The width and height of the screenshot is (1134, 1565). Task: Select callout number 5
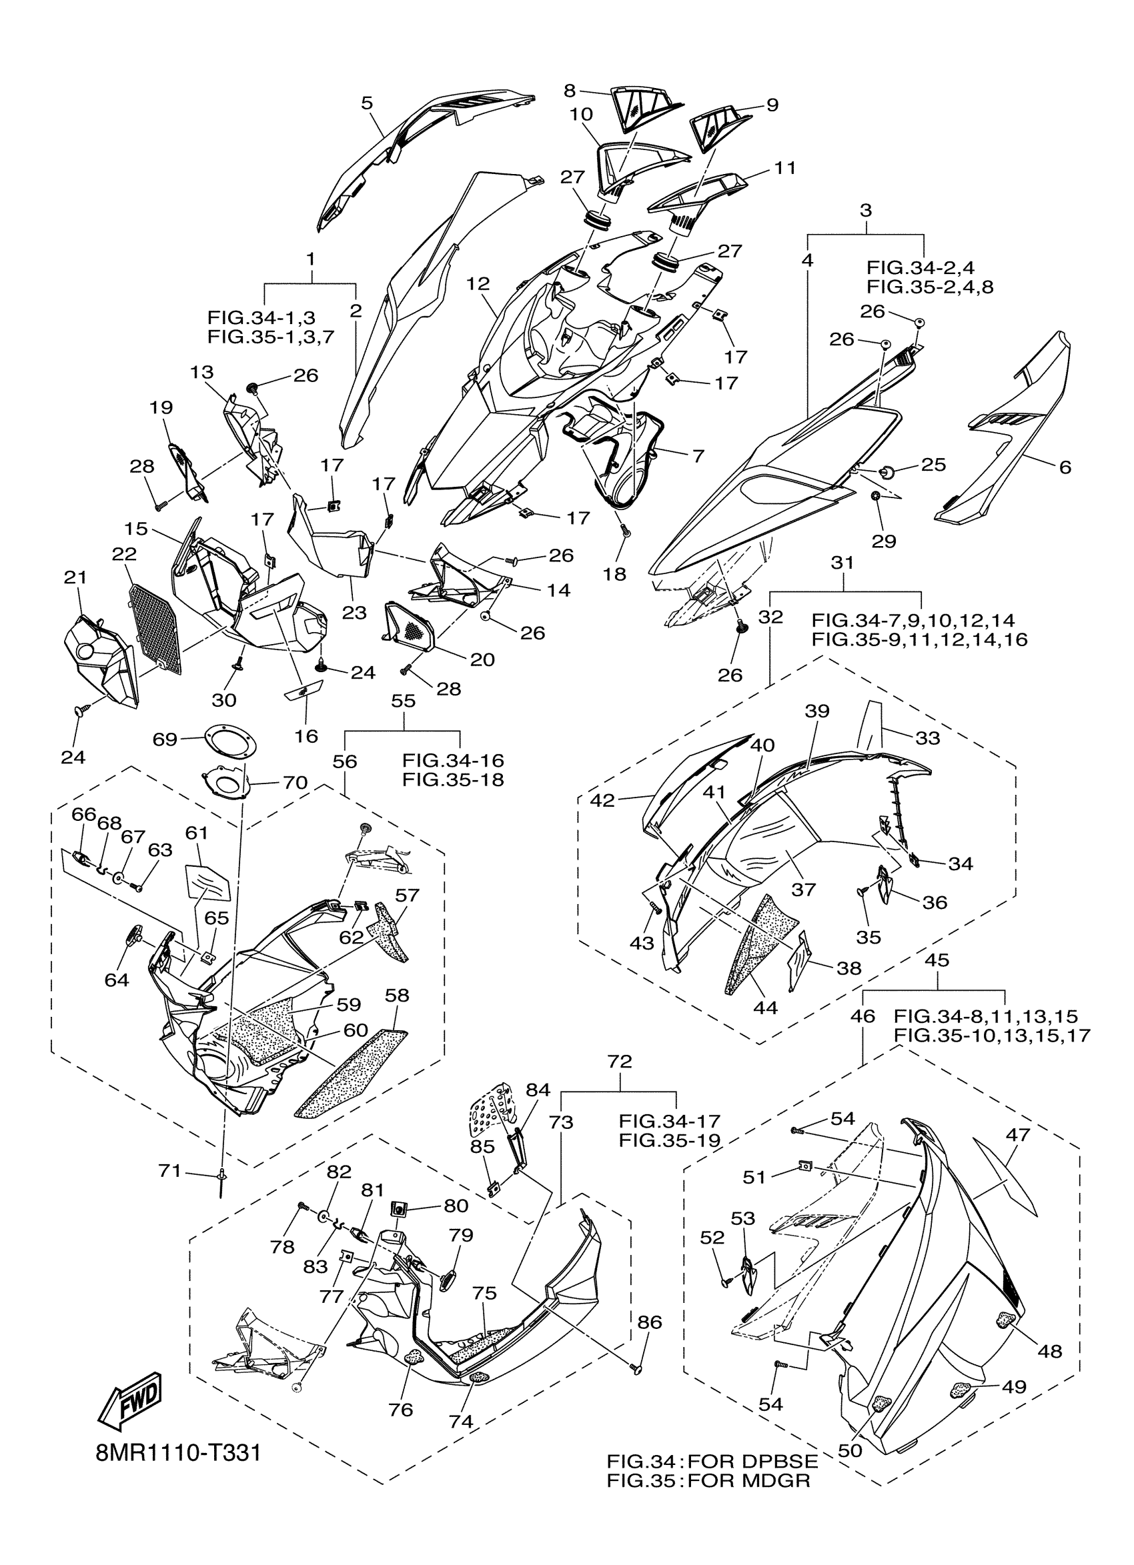tap(366, 103)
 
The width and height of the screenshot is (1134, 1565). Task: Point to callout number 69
tap(165, 739)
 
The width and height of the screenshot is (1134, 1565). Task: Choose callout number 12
tap(478, 283)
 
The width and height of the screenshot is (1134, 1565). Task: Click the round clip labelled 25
tap(887, 471)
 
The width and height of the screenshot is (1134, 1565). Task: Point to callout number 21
tap(75, 577)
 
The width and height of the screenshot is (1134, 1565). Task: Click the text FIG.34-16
tap(453, 760)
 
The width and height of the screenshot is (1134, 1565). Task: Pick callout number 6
tap(1065, 467)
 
